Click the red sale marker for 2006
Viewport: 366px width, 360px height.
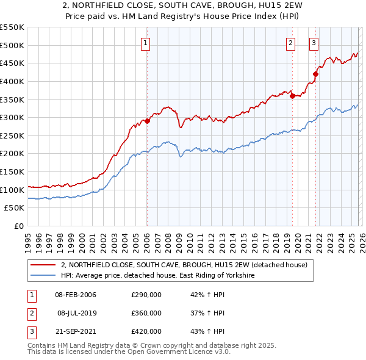(x=147, y=121)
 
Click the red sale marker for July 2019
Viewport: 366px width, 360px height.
(x=292, y=95)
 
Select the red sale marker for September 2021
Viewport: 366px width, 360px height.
(x=315, y=74)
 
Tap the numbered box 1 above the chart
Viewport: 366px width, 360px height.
(x=146, y=43)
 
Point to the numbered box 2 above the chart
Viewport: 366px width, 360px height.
(x=290, y=43)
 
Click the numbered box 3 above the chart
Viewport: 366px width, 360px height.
(x=314, y=43)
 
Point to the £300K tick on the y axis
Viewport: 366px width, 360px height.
(x=12, y=117)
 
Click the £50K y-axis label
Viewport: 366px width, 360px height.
(x=15, y=208)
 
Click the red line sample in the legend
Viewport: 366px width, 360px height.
(x=43, y=265)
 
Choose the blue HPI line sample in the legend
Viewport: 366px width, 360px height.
(x=43, y=276)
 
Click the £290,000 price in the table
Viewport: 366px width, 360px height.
(x=146, y=295)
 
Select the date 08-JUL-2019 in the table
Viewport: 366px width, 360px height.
(x=76, y=313)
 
